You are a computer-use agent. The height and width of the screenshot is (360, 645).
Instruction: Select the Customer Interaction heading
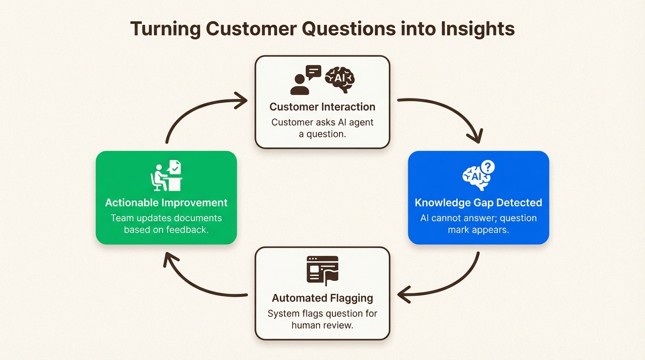coord(322,107)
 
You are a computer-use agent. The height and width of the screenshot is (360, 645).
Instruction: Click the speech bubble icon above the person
coord(313,72)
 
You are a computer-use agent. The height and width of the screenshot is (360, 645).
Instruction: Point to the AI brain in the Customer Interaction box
coord(340,78)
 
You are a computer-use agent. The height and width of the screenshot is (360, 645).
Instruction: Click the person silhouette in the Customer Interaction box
coord(299,85)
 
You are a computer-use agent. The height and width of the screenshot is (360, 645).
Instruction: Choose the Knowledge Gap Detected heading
coord(478,202)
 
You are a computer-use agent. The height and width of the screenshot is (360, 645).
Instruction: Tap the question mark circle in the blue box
coord(488,167)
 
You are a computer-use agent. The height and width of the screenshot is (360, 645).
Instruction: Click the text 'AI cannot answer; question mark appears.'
coord(478,224)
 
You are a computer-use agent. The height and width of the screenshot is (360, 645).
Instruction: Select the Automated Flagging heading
coord(322,298)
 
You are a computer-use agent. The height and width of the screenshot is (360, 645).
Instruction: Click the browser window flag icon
coord(322,270)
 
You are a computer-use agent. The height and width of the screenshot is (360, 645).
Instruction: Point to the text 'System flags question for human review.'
coord(322,319)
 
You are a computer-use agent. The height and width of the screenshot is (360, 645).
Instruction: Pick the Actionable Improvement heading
coord(166,202)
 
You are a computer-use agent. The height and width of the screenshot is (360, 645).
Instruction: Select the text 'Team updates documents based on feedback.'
coord(166,224)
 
